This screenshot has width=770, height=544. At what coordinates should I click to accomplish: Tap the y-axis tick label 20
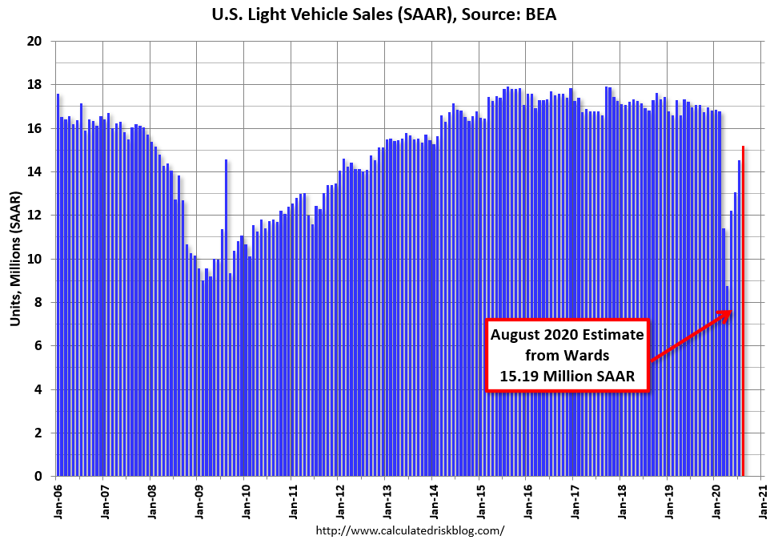[x=35, y=42]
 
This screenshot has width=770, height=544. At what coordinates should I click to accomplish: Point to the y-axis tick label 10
[x=35, y=259]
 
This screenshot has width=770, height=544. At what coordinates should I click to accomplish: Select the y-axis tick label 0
[x=38, y=477]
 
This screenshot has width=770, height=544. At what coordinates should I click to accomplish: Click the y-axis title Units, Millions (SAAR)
[x=15, y=258]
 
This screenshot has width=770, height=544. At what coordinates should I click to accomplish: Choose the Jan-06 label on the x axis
[x=58, y=502]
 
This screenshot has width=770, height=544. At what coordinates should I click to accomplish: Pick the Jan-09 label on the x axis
[x=199, y=502]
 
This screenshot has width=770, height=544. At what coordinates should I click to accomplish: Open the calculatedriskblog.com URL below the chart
[x=410, y=530]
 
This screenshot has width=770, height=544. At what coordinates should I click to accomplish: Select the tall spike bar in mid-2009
[x=227, y=320]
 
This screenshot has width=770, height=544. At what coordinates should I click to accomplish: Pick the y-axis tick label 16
[x=35, y=128]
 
